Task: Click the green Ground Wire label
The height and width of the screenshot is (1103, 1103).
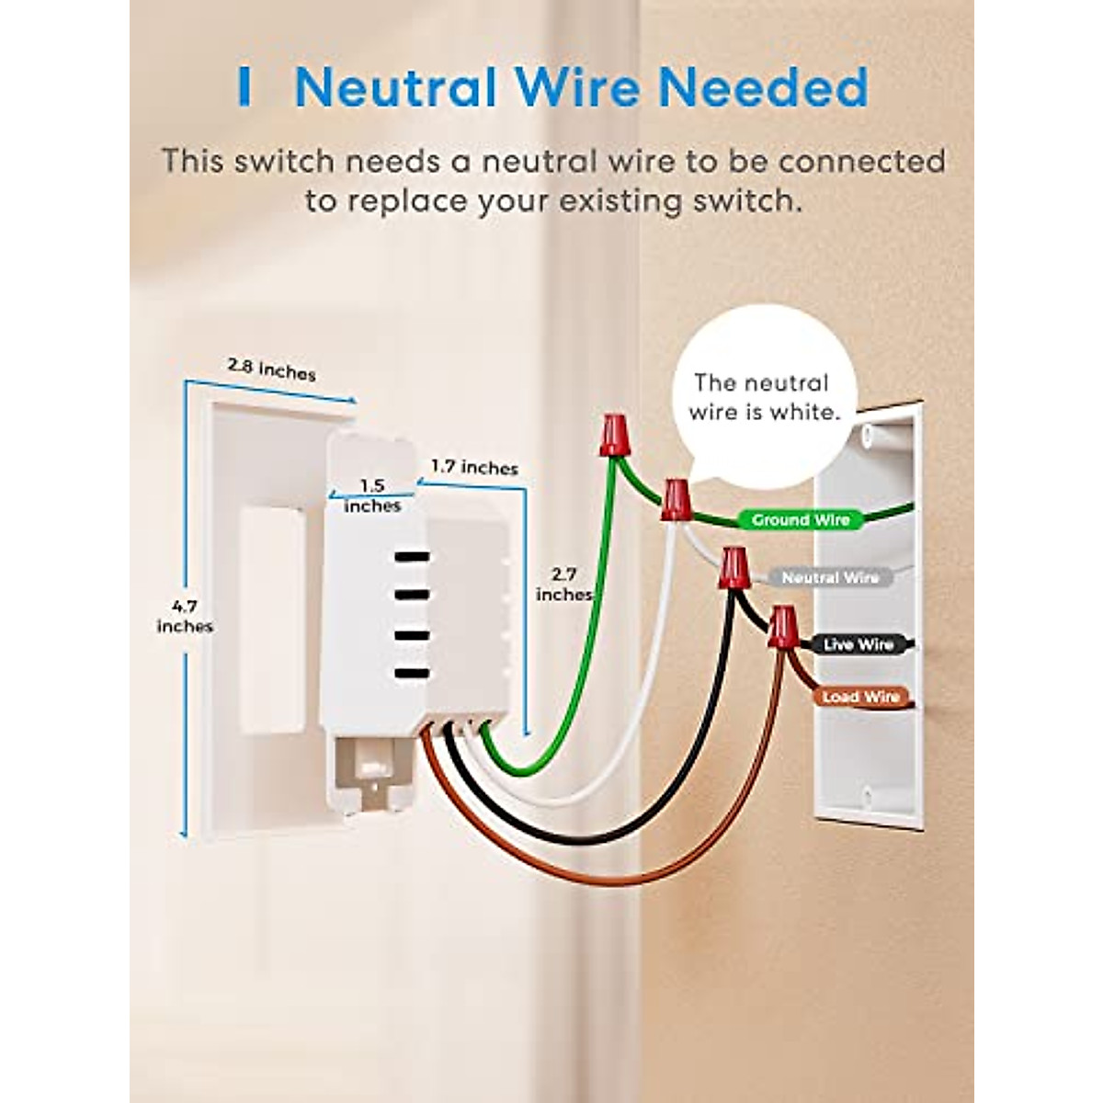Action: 801,520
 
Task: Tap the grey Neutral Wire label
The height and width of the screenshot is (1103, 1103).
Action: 830,578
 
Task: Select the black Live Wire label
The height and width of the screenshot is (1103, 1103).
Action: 858,645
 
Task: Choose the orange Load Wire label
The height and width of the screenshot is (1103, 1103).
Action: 860,698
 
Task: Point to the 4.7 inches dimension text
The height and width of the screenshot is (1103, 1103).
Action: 185,616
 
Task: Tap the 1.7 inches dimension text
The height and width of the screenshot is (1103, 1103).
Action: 474,468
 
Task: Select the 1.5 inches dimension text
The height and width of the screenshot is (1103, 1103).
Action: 372,495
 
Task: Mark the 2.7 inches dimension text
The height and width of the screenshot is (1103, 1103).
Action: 563,585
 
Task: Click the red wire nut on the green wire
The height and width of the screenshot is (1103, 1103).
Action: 614,435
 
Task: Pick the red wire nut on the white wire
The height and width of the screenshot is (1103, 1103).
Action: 677,499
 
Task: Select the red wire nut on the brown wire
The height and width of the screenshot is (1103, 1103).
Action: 782,628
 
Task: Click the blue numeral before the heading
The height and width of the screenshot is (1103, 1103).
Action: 244,88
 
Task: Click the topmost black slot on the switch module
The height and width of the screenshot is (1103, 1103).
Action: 412,556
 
